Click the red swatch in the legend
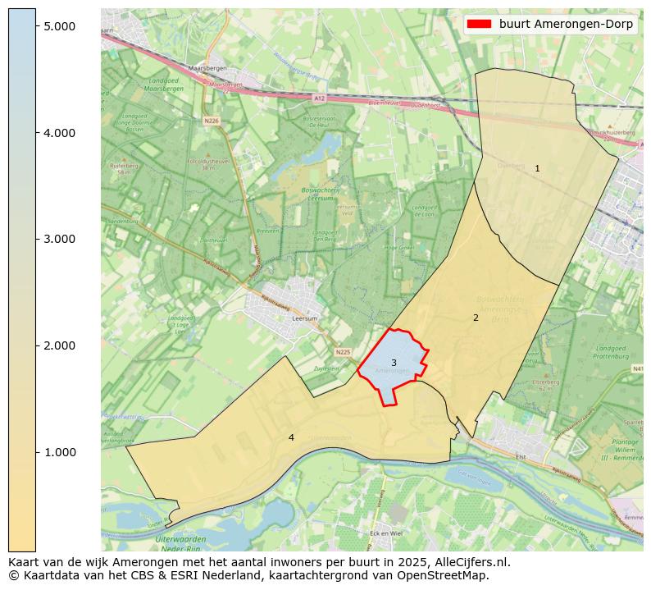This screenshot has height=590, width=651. (480, 24)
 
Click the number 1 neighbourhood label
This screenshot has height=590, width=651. (537, 168)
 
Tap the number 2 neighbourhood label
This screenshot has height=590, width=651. (476, 318)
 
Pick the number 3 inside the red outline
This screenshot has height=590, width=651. (394, 363)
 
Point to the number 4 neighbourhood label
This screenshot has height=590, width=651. (291, 437)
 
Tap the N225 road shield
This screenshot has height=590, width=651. (343, 352)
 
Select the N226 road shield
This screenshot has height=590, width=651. (212, 121)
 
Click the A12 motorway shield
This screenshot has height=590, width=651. (320, 98)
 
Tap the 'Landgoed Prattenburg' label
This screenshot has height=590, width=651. (611, 352)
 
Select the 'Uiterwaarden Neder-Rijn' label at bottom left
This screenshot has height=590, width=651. (180, 543)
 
